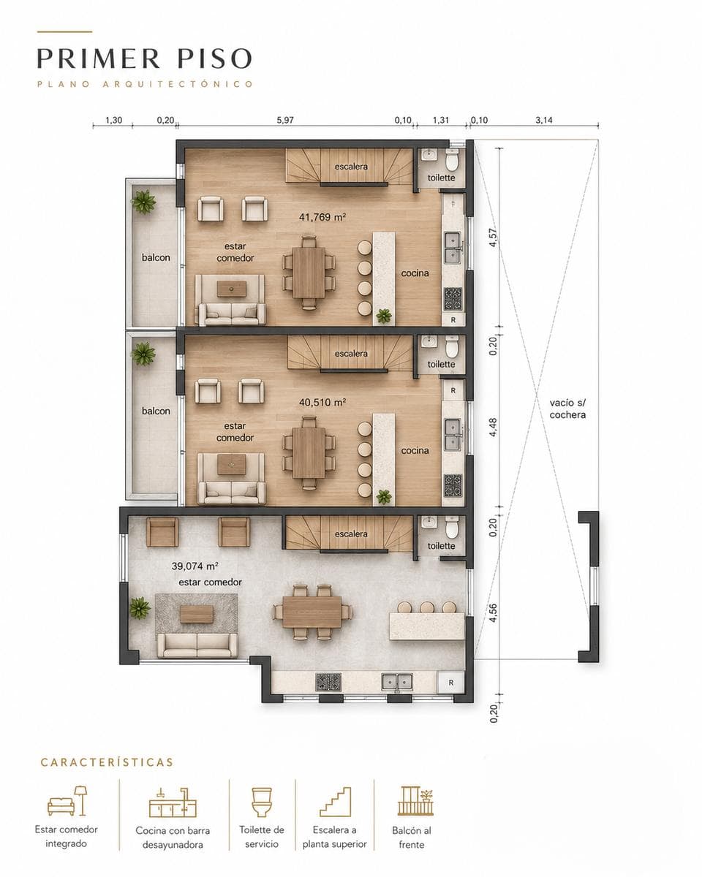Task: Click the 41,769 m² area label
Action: (x=322, y=217)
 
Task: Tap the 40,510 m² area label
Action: (x=322, y=403)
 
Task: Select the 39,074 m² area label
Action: (x=195, y=566)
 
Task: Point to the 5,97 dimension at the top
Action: (x=285, y=120)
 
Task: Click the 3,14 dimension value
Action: (x=544, y=120)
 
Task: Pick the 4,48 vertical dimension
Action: (x=493, y=427)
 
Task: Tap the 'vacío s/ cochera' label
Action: (x=567, y=409)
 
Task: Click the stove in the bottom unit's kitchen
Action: (x=328, y=682)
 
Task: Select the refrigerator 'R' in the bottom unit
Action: (x=450, y=683)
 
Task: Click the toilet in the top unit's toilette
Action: (x=452, y=160)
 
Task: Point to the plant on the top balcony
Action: (x=143, y=202)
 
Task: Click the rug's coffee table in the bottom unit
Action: (x=197, y=614)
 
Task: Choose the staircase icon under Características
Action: (x=335, y=802)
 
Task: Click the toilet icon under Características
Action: (x=262, y=802)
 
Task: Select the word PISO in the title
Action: (x=214, y=58)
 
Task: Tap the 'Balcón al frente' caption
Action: (x=411, y=837)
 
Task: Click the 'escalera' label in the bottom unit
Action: (x=351, y=534)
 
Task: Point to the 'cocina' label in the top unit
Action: (x=415, y=273)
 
